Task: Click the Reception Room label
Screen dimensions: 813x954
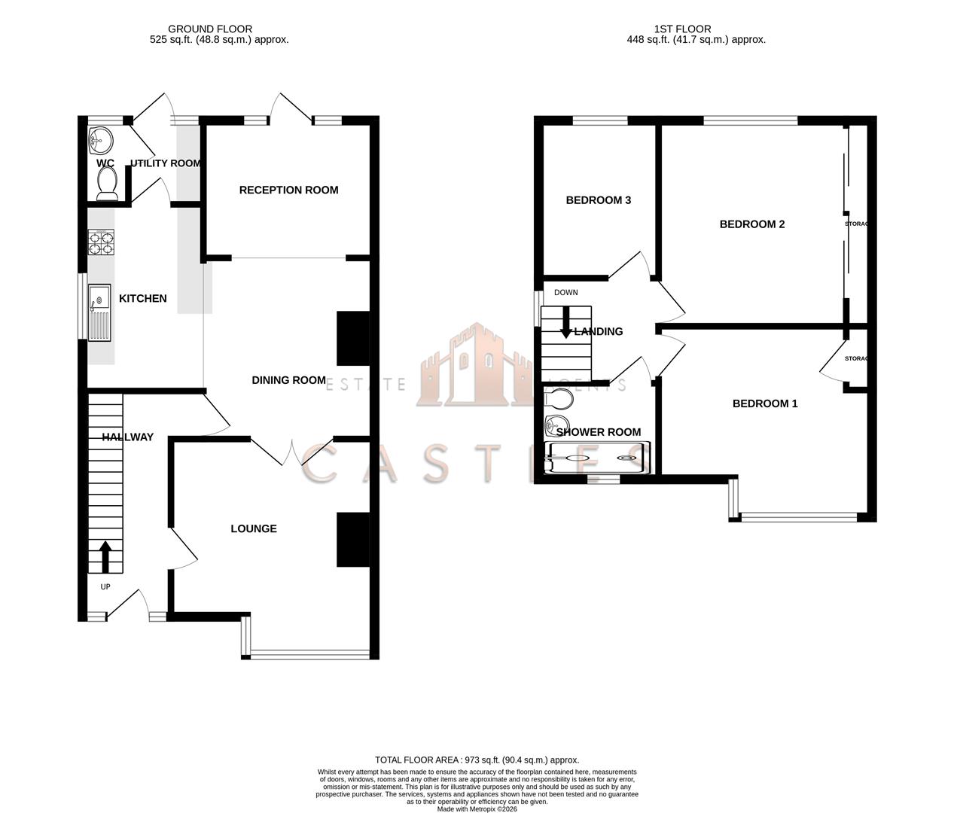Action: pyautogui.click(x=288, y=190)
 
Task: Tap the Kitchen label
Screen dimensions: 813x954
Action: pyautogui.click(x=143, y=298)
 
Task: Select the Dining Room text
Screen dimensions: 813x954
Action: pyautogui.click(x=288, y=380)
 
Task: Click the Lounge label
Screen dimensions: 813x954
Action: pyautogui.click(x=254, y=528)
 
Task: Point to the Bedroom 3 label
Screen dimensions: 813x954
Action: pyautogui.click(x=598, y=200)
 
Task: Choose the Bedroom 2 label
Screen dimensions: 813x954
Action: pyautogui.click(x=751, y=224)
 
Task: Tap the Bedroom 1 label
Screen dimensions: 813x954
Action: pyautogui.click(x=764, y=403)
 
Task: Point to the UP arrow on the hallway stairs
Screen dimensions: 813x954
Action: pyautogui.click(x=104, y=557)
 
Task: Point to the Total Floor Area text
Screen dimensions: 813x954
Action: pyautogui.click(x=477, y=760)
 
